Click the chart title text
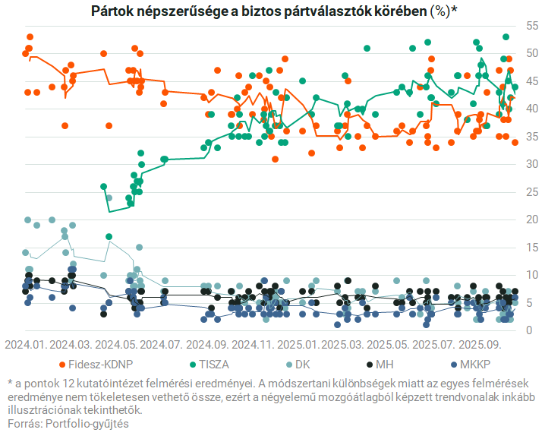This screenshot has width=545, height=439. click(273, 11)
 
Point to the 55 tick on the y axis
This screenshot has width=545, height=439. click(531, 26)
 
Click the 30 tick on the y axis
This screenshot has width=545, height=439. click(531, 164)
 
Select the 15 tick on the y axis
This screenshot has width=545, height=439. click(531, 247)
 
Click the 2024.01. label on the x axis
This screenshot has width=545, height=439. click(27, 344)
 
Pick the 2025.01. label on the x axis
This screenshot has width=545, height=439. click(299, 344)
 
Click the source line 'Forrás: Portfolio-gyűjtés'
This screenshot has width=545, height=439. click(68, 423)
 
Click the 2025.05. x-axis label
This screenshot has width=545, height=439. click(391, 344)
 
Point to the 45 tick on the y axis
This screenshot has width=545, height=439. click(531, 81)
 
